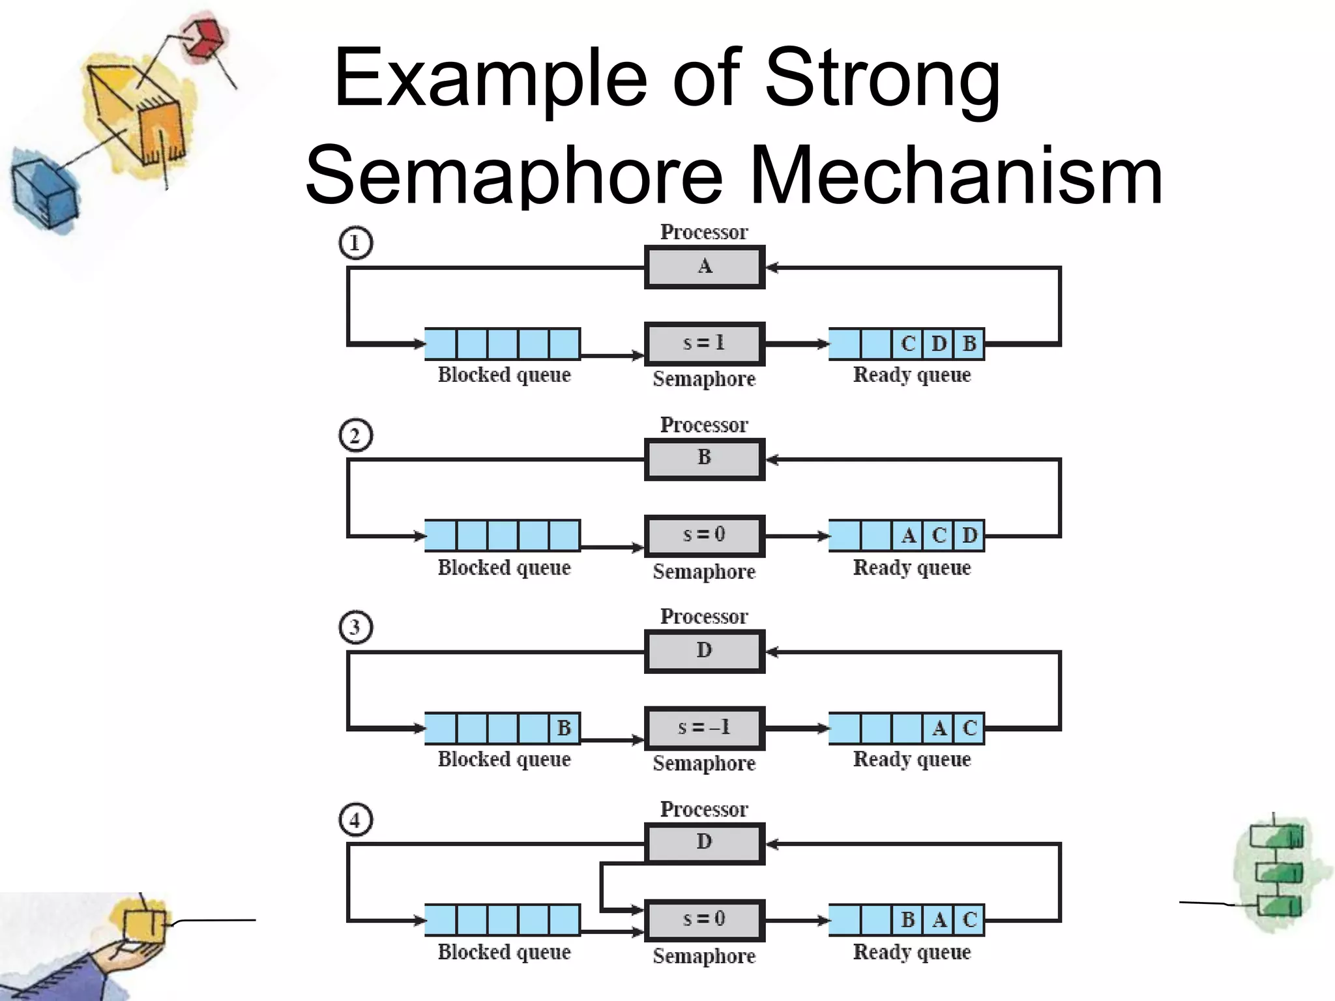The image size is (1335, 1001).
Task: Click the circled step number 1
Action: (x=355, y=243)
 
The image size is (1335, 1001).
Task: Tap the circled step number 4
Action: (x=355, y=819)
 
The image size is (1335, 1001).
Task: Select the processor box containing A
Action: (x=704, y=267)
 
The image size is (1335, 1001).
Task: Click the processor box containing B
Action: (x=704, y=459)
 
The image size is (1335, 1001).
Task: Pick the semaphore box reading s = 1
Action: (x=704, y=343)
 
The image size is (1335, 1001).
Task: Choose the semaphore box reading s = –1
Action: (x=704, y=727)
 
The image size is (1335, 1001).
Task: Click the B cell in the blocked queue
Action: (x=564, y=728)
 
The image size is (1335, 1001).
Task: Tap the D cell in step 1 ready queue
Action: (x=939, y=343)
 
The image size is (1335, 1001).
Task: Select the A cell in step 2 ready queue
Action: (x=908, y=536)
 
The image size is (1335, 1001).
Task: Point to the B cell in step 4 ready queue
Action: (x=908, y=920)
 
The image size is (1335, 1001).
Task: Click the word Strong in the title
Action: (x=882, y=80)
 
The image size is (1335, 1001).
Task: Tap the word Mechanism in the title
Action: (x=956, y=175)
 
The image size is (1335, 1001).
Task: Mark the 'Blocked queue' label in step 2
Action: (x=504, y=568)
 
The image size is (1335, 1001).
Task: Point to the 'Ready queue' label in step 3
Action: (x=912, y=759)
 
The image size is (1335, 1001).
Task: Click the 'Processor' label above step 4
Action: (x=704, y=809)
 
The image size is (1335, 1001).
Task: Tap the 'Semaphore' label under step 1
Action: (x=704, y=379)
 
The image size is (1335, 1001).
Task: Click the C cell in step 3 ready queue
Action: (x=969, y=728)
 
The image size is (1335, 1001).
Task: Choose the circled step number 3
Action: (x=355, y=627)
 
